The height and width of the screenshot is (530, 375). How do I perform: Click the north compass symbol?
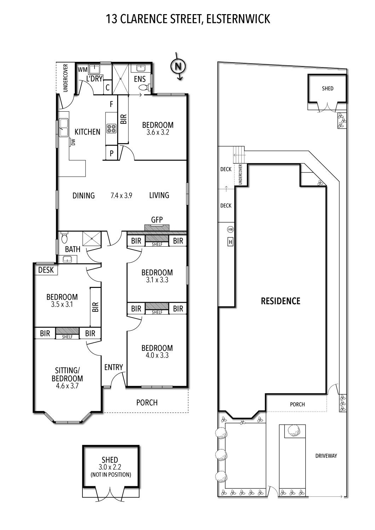pyautogui.click(x=178, y=66)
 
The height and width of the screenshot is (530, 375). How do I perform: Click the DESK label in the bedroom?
pyautogui.click(x=46, y=270)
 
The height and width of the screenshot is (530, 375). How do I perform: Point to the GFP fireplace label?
pyautogui.click(x=157, y=220)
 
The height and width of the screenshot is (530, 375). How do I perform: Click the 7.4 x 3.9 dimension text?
pyautogui.click(x=121, y=195)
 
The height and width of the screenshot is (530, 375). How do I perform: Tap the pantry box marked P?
pyautogui.click(x=111, y=153)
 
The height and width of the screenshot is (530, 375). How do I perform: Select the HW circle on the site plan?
pyautogui.click(x=230, y=229)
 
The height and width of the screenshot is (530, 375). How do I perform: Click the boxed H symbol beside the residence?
pyautogui.click(x=230, y=242)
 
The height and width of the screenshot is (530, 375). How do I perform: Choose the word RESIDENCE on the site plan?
pyautogui.click(x=281, y=301)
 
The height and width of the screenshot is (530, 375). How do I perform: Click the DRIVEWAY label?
pyautogui.click(x=326, y=456)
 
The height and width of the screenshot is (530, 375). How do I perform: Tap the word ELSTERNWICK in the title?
pyautogui.click(x=238, y=19)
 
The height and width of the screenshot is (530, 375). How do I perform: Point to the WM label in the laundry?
pyautogui.click(x=83, y=70)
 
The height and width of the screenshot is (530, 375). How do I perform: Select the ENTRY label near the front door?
pyautogui.click(x=114, y=367)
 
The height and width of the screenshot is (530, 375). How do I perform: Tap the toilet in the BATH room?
pyautogui.click(x=64, y=238)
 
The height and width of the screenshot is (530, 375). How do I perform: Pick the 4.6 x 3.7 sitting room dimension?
pyautogui.click(x=67, y=386)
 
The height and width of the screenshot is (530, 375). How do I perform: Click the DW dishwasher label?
pyautogui.click(x=73, y=142)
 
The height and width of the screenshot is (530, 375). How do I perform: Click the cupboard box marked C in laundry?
pyautogui.click(x=108, y=88)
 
